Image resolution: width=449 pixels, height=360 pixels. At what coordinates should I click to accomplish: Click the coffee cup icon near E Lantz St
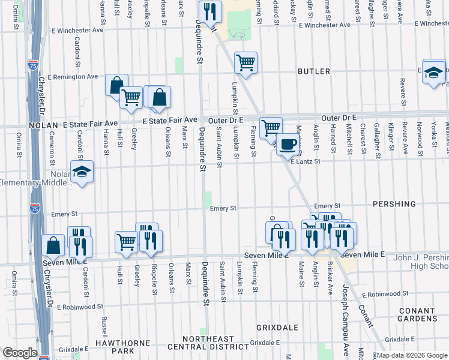[x=288, y=144]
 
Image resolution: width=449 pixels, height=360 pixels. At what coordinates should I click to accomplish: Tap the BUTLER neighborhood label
[x=314, y=71]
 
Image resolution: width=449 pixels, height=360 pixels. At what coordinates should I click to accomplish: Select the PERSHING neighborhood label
[x=394, y=204]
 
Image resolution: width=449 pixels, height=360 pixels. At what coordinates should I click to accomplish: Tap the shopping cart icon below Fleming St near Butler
[x=246, y=62]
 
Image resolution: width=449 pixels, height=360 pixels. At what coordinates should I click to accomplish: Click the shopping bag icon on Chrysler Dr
[x=53, y=245]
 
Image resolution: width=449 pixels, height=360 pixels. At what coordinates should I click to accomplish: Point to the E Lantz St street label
[x=306, y=161]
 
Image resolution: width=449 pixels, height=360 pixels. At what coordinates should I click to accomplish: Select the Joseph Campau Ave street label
[x=345, y=313]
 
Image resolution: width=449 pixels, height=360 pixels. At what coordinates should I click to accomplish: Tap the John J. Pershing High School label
[x=420, y=262]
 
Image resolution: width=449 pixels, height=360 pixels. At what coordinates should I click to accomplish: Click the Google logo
[x=20, y=353]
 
